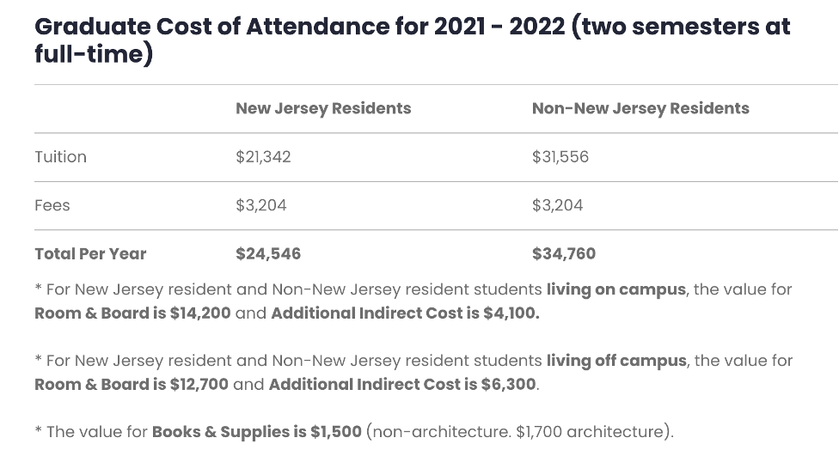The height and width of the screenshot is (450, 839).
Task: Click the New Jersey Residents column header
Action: [x=323, y=108]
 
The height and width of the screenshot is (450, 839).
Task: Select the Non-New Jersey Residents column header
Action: [x=640, y=108]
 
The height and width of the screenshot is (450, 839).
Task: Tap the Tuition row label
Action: [x=60, y=157]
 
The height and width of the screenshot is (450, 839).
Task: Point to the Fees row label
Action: [x=52, y=205]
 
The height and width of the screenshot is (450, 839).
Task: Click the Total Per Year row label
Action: [x=90, y=253]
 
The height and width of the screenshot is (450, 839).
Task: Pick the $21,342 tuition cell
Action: [x=263, y=157]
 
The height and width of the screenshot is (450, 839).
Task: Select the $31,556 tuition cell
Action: [x=560, y=157]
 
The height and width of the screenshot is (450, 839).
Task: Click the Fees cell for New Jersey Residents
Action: [x=261, y=205]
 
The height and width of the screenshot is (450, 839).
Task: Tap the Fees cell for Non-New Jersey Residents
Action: [x=557, y=205]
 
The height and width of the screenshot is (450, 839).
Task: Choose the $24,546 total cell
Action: [x=268, y=253]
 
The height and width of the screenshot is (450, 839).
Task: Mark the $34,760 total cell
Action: [x=564, y=253]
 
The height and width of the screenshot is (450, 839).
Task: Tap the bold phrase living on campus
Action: [x=616, y=289]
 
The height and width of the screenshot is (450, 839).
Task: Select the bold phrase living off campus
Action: [x=616, y=361]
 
